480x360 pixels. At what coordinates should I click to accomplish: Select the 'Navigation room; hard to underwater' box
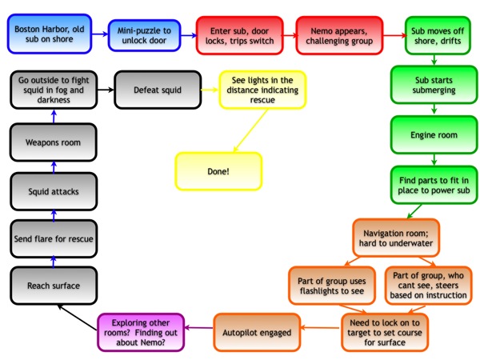pyautogui.click(x=396, y=237)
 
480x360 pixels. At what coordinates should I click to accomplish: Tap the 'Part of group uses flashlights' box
pyautogui.click(x=331, y=286)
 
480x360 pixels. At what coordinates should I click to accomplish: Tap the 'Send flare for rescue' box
pyautogui.click(x=52, y=238)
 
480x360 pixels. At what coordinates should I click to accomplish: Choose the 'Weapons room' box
pyautogui.click(x=52, y=142)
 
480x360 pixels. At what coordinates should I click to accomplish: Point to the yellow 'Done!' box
pyautogui.click(x=218, y=170)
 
